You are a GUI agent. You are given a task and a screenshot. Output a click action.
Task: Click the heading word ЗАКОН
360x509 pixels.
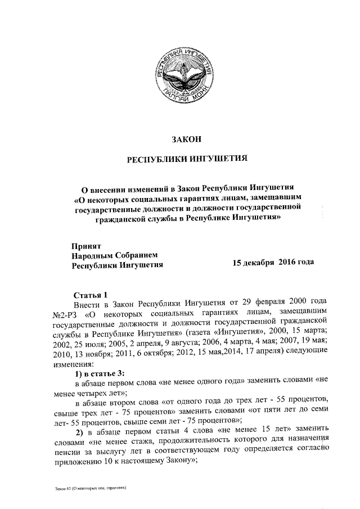pyautogui.click(x=186, y=138)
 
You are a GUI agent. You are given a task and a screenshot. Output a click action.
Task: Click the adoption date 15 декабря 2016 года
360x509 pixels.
pyautogui.click(x=273, y=263)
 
